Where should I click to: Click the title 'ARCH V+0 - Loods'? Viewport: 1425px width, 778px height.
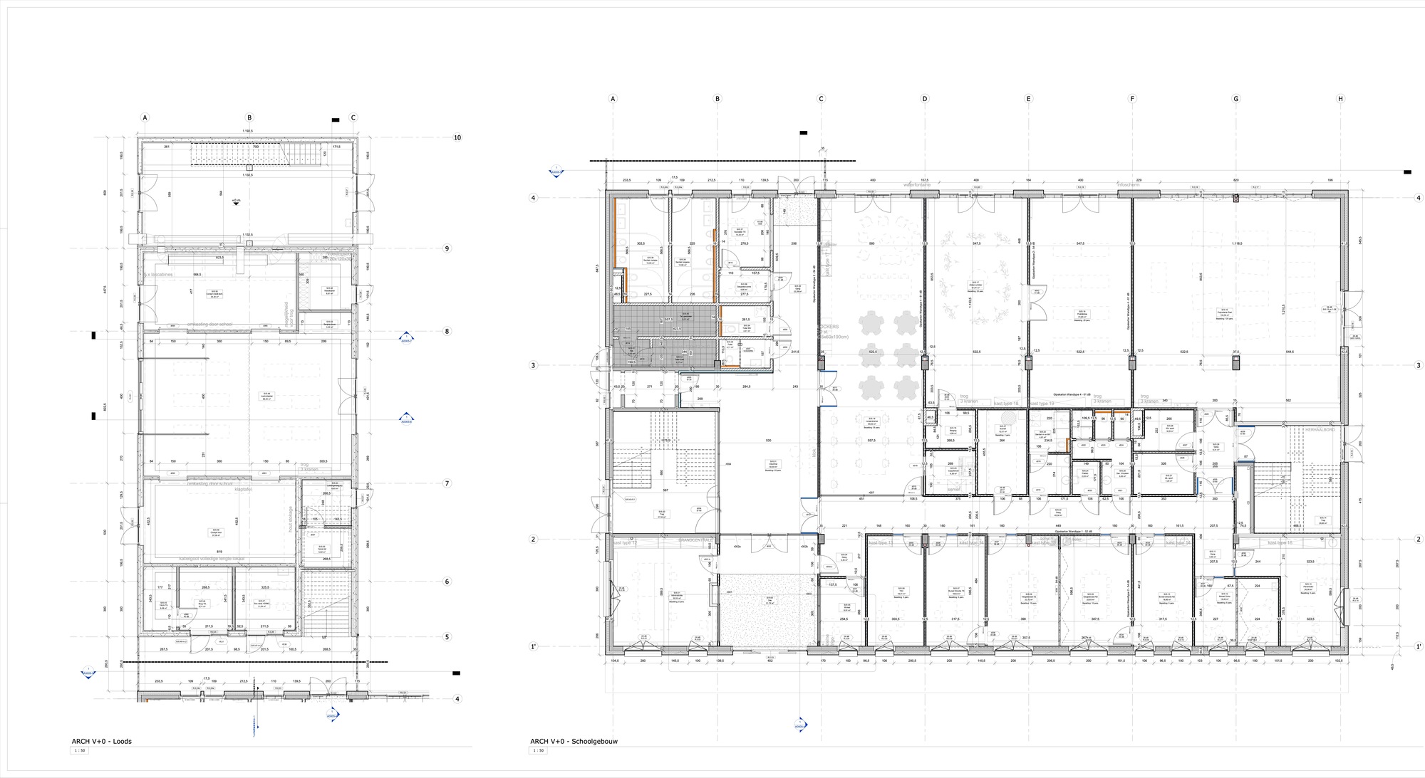point(101,741)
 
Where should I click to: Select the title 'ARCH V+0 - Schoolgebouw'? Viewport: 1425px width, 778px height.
point(574,741)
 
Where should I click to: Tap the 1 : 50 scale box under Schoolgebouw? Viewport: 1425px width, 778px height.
point(538,750)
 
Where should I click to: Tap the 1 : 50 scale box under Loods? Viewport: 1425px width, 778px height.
point(80,750)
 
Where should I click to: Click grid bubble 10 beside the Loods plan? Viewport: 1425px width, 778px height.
point(457,137)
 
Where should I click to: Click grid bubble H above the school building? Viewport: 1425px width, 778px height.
point(1340,99)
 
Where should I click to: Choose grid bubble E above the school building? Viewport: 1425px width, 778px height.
point(1028,99)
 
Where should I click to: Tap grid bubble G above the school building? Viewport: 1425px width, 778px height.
point(1236,99)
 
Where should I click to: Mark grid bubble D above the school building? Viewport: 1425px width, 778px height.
point(925,99)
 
